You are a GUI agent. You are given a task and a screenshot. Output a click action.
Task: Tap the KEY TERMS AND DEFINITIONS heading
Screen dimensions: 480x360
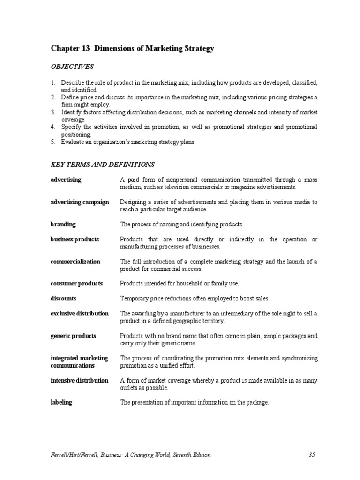click(x=102, y=165)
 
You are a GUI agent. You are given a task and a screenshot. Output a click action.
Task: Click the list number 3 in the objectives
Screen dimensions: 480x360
click(x=53, y=112)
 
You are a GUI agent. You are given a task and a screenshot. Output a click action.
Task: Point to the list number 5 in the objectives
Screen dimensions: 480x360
click(x=53, y=142)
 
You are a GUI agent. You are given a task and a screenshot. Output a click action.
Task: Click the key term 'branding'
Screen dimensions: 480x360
click(x=63, y=224)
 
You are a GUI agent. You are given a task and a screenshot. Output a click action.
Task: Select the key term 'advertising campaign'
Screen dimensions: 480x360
click(x=80, y=202)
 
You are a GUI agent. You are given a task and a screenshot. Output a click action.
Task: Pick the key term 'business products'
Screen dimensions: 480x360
click(x=75, y=239)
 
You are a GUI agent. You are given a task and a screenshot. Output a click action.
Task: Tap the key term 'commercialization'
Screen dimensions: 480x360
click(x=75, y=262)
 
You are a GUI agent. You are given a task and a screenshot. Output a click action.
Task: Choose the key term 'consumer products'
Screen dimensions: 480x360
click(x=76, y=284)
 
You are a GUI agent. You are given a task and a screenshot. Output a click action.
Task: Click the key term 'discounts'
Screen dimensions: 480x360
click(x=63, y=298)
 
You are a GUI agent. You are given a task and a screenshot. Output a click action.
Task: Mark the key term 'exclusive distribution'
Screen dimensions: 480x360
click(x=79, y=313)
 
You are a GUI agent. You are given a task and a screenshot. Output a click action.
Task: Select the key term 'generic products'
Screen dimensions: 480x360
click(x=73, y=336)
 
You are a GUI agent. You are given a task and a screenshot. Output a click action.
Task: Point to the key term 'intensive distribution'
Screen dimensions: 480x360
click(x=79, y=380)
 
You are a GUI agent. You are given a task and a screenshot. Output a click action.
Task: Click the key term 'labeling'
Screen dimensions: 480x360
click(x=61, y=402)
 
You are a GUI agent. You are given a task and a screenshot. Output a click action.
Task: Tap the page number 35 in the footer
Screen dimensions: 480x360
click(x=313, y=455)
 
